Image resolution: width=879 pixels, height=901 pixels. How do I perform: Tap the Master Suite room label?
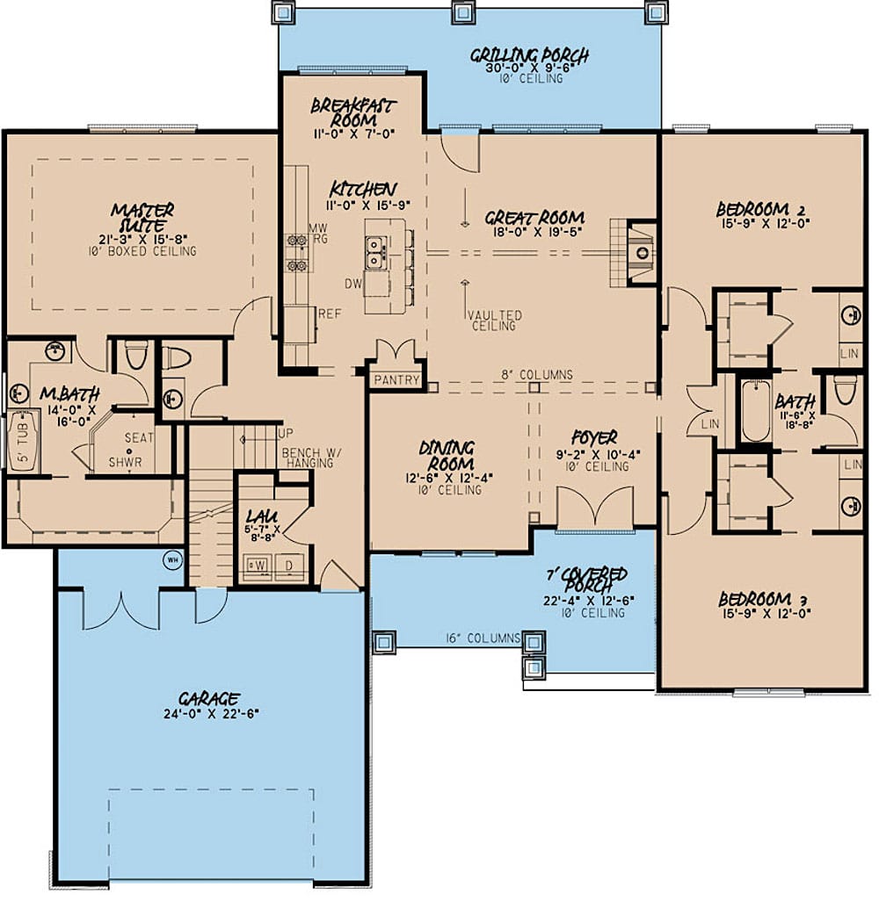tap(142, 218)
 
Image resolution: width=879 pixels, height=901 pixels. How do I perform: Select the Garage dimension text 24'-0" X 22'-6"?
tap(209, 713)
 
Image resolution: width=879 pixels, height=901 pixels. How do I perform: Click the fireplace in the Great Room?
tap(643, 252)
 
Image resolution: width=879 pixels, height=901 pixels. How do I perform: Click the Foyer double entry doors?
tap(594, 509)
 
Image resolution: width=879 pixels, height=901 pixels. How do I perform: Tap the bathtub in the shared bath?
tap(753, 413)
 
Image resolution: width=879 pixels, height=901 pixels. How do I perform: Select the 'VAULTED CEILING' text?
tap(494, 321)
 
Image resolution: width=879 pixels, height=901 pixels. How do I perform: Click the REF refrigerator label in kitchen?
tap(329, 313)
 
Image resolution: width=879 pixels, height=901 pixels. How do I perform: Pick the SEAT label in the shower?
tap(139, 437)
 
